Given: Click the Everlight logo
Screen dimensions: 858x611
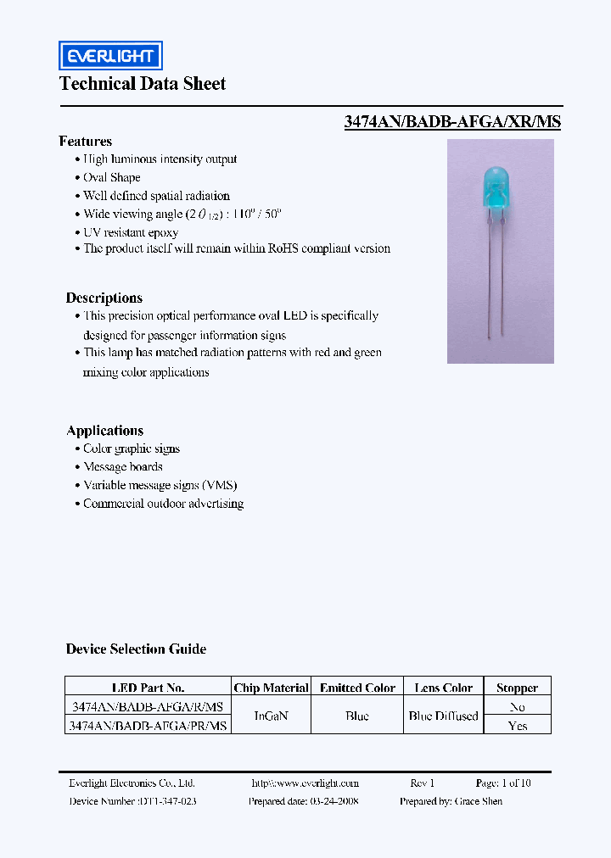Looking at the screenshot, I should point(110,56).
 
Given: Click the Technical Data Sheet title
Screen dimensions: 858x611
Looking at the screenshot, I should point(143,84).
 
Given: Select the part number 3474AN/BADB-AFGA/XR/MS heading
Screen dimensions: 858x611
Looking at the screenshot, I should point(452,121).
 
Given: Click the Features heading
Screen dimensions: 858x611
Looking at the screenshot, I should point(86,142).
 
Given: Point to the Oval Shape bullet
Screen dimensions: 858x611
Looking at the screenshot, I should point(112,177).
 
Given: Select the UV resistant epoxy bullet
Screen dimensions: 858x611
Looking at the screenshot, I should point(131,231).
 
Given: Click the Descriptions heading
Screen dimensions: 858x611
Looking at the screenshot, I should point(104,298).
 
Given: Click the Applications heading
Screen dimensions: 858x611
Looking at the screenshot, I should point(105,431).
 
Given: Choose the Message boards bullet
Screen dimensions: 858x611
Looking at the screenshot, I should point(123,467).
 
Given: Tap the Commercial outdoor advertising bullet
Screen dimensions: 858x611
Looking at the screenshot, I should point(163,504).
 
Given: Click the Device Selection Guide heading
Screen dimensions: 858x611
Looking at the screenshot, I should point(136,649).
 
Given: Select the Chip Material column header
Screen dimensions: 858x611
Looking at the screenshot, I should point(271,688).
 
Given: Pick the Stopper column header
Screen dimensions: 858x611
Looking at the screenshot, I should point(517,688).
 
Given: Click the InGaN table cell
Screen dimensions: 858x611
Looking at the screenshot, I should point(272,716).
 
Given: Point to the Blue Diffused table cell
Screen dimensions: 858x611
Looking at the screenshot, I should point(443,716).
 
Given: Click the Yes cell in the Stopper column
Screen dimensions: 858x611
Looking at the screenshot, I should point(517,726).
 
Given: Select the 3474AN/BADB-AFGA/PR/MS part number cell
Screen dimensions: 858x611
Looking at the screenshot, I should point(148,726).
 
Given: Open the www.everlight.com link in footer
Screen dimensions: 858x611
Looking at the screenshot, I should point(305,783).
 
